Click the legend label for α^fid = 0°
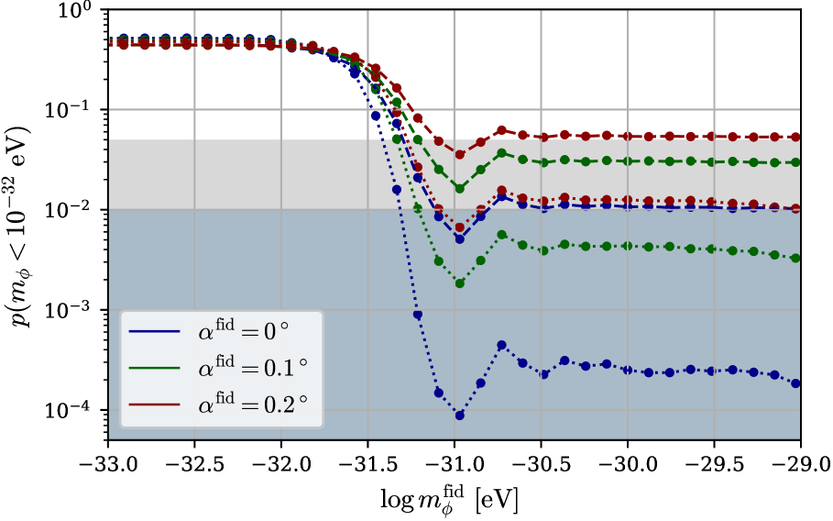[243, 331]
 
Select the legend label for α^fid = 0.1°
[252, 368]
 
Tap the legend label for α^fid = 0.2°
[252, 405]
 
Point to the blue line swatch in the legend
[154, 331]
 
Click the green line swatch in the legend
[154, 368]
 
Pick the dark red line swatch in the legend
[154, 405]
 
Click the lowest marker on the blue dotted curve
[459, 416]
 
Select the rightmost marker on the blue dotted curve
[795, 383]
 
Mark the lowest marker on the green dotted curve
[459, 283]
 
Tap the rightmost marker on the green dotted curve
[795, 258]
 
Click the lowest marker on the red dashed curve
[459, 154]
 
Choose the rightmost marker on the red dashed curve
[795, 137]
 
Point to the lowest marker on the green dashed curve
[459, 188]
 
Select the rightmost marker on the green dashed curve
[795, 162]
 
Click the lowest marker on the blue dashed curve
[459, 238]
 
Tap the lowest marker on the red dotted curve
[459, 227]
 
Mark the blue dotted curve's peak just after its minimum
[501, 345]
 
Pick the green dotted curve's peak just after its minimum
[501, 234]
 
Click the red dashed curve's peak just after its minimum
[501, 130]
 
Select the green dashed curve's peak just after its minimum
[501, 153]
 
